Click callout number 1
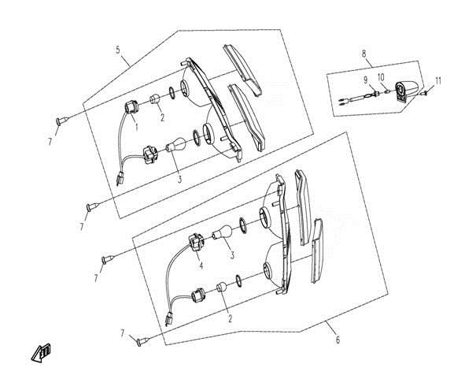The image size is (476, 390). coord(137,126)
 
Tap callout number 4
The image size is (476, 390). coord(201,265)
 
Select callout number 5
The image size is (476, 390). coord(118,50)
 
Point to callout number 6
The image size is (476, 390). coord(338,340)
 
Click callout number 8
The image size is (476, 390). coord(364,54)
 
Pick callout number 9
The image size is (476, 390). coord(366,80)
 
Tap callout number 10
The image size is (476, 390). coord(381,77)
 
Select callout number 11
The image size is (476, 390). coord(437,81)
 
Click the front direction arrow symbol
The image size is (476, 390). coord(41,353)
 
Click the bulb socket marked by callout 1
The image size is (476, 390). coord(131,108)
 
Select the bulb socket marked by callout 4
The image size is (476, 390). coord(195,243)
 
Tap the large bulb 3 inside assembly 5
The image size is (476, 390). coord(175,144)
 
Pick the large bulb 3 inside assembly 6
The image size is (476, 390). coord(222,232)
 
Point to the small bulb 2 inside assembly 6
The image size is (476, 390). coord(222,288)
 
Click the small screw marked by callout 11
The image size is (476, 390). coord(425,92)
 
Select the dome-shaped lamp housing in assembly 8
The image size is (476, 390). coord(407,90)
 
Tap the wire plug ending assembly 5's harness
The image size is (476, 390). coord(120,179)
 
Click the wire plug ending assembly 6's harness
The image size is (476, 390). coord(169,318)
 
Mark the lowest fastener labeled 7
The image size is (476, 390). coord(143,341)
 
